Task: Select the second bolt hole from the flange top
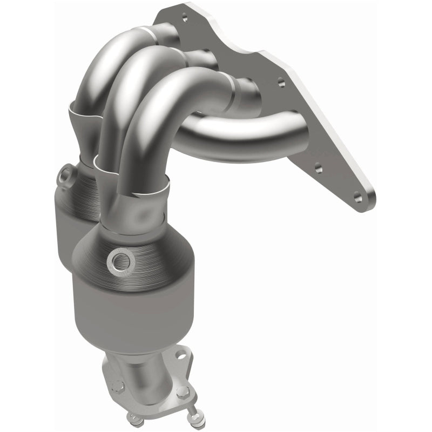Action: [280, 84]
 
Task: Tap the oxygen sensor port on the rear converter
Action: [65, 175]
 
